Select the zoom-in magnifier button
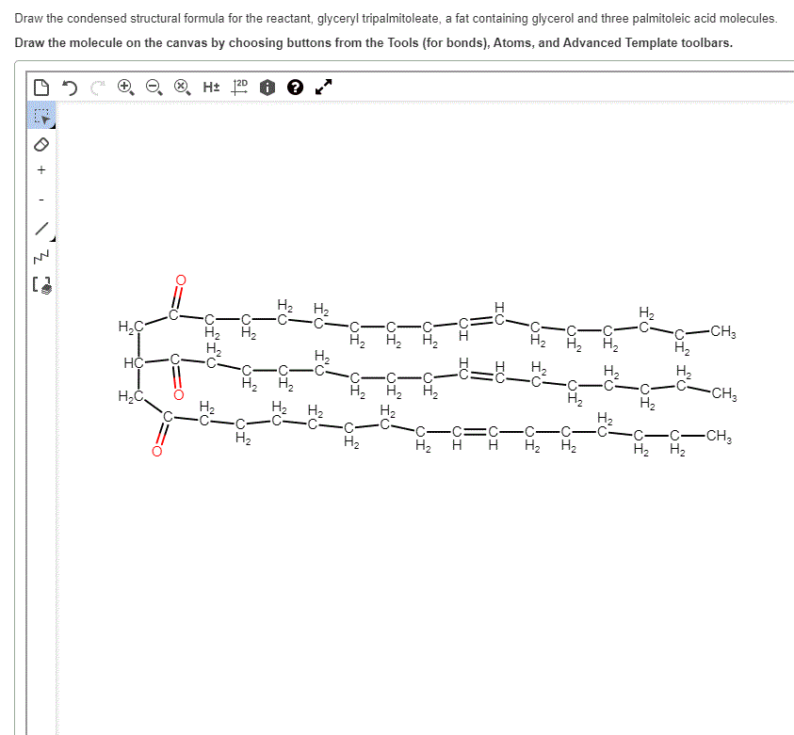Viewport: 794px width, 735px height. click(124, 87)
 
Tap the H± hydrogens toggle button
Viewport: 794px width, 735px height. click(211, 87)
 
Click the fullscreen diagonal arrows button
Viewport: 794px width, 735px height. click(323, 88)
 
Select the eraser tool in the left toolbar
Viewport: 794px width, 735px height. click(41, 145)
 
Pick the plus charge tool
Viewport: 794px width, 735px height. click(41, 170)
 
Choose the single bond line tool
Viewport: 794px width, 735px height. click(41, 229)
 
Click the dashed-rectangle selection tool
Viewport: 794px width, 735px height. click(41, 117)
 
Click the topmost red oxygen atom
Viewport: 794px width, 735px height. click(182, 280)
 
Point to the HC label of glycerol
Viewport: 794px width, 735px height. click(133, 361)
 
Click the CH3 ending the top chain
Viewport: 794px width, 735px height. click(722, 330)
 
